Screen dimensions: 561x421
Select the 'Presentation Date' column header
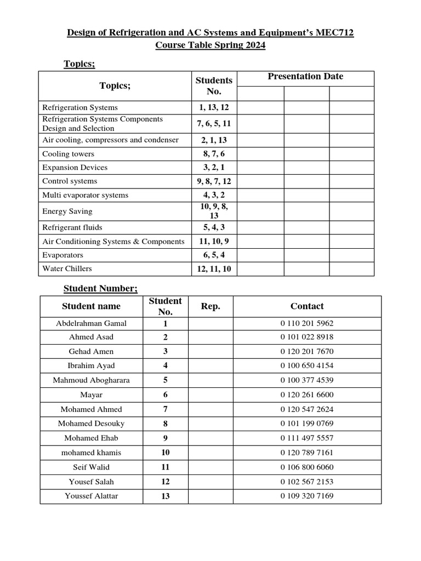point(305,77)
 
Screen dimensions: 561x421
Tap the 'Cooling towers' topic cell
point(68,154)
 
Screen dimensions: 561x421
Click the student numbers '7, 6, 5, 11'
point(214,123)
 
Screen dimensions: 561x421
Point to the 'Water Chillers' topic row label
point(67,268)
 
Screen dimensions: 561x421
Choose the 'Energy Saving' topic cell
point(67,211)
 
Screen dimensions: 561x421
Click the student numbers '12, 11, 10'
point(214,268)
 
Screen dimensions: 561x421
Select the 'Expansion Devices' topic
point(75,168)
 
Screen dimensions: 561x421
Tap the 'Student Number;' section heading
point(100,288)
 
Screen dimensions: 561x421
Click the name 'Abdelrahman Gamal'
point(91,323)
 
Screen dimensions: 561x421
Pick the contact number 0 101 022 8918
point(306,337)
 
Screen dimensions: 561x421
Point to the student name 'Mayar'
point(91,394)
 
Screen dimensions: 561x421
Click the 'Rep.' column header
point(210,306)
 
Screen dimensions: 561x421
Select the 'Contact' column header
point(306,306)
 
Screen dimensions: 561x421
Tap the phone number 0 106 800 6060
point(306,467)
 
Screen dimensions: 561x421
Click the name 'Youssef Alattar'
point(91,496)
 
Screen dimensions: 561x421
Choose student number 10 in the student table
point(165,453)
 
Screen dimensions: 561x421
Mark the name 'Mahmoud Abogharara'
point(91,380)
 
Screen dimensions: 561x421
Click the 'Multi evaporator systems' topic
point(85,195)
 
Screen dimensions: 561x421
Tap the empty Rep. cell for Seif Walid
point(210,467)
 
